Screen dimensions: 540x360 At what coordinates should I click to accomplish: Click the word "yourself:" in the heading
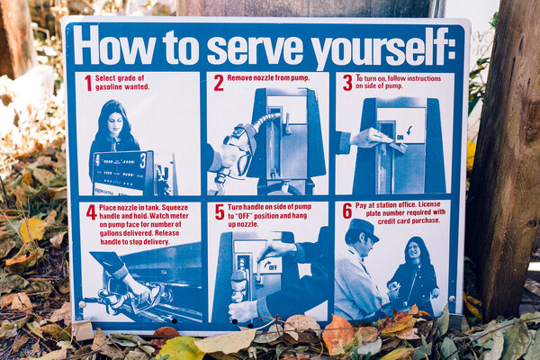pos(383,47)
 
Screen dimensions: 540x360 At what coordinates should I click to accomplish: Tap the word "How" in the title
pos(114,44)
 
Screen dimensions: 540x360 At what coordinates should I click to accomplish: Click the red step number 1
pos(88,83)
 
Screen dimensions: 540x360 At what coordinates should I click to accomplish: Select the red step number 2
pos(219,83)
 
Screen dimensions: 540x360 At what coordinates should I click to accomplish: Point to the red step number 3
pos(347,83)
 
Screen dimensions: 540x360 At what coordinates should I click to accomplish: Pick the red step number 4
pos(91,212)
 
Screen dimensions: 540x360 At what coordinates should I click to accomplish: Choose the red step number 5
pos(220,211)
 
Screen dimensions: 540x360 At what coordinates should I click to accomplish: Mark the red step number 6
pos(347,211)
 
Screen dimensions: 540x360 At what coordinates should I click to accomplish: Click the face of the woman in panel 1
pos(116,123)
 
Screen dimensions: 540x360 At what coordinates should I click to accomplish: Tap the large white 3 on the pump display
pos(142,161)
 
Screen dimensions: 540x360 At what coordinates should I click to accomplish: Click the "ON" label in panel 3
pos(400,137)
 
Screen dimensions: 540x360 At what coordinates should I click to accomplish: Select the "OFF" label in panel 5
pos(273,267)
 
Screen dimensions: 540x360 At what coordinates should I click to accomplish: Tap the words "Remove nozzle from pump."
pos(268,78)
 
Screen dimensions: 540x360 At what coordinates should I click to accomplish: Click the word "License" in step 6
pos(429,204)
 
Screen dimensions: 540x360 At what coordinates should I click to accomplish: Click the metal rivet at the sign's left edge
pos(82,304)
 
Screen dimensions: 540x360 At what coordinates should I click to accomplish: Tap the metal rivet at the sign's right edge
pos(452,299)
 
